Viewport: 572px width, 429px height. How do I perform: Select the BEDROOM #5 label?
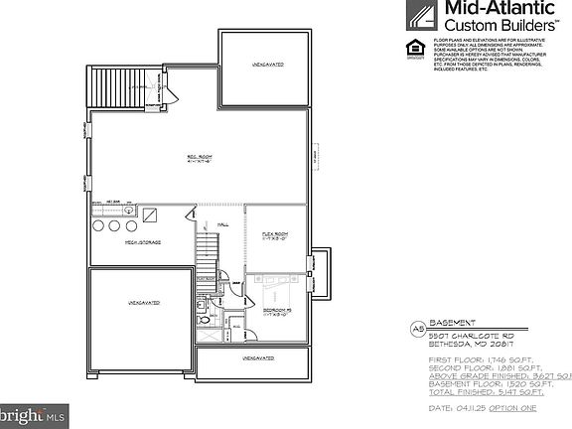(x=275, y=312)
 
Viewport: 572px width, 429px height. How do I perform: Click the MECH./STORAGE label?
(x=143, y=242)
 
